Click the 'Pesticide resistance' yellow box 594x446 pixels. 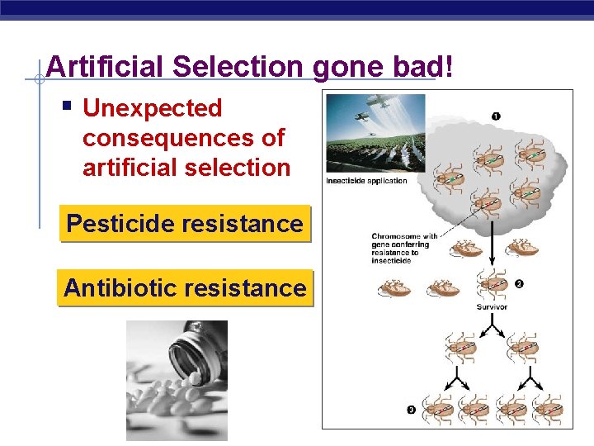click(185, 223)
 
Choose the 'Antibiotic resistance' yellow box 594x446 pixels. click(185, 288)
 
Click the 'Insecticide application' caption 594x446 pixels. click(366, 181)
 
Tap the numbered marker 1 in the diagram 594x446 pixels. click(495, 116)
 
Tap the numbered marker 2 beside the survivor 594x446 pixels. click(519, 284)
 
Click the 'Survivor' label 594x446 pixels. click(492, 306)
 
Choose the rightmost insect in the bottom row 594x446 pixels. click(548, 408)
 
